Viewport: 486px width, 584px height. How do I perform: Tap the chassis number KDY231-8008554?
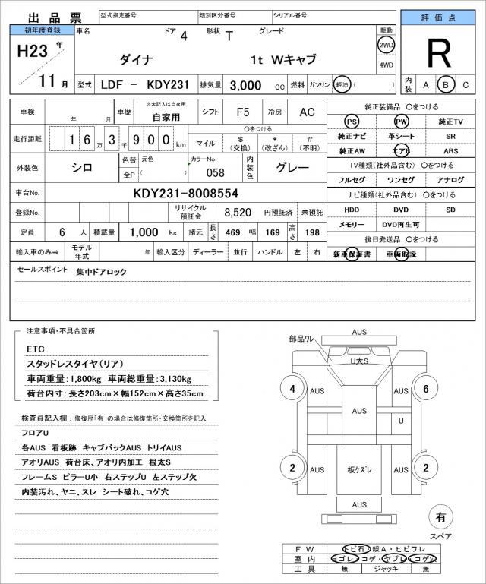point(186,193)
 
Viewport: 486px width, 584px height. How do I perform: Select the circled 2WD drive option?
point(386,46)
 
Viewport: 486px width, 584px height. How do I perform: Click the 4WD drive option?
point(386,65)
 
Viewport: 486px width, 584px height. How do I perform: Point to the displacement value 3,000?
point(245,85)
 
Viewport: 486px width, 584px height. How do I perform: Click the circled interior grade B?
point(447,84)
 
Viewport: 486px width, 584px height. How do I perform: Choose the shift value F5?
point(243,112)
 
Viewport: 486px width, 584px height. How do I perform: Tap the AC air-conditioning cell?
point(307,112)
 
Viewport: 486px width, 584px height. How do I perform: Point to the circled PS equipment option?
point(351,122)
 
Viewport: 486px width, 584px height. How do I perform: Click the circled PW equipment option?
point(400,122)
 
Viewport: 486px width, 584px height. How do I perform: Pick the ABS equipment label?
point(451,151)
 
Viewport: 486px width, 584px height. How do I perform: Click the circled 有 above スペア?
point(440,517)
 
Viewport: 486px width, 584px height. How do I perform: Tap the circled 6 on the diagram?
point(427,390)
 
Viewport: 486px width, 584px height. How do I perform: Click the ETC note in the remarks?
point(36,349)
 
